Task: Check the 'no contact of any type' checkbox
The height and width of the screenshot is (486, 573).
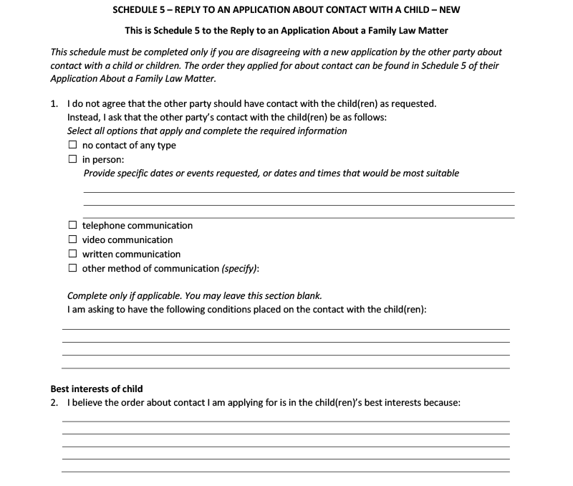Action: (x=72, y=146)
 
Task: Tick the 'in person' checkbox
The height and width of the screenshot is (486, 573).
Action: (x=72, y=159)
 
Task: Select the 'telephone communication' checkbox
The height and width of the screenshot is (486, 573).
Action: (x=72, y=226)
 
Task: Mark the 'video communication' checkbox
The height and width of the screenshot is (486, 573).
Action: (x=72, y=240)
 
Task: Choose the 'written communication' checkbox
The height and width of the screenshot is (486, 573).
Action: (x=72, y=254)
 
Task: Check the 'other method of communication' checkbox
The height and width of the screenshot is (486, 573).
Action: (x=72, y=268)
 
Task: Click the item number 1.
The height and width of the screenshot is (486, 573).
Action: (x=54, y=104)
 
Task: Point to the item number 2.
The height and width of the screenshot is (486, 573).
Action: (x=54, y=403)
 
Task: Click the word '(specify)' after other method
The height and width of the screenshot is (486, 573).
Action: (x=240, y=269)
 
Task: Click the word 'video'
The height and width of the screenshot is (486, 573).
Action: (x=94, y=240)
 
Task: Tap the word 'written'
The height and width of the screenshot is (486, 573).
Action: (x=98, y=254)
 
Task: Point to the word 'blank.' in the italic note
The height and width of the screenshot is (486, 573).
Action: (x=309, y=296)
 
